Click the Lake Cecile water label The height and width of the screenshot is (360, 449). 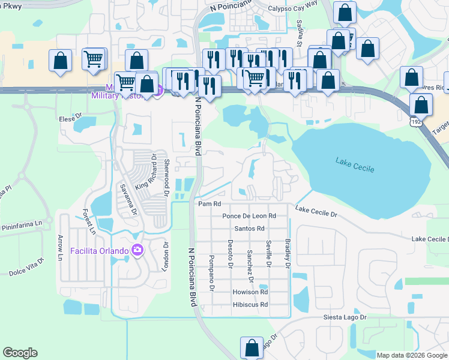pyautogui.click(x=355, y=166)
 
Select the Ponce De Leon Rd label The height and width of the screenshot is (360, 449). pyautogui.click(x=249, y=216)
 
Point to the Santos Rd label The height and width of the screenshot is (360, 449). pyautogui.click(x=250, y=229)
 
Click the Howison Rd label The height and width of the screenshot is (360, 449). pyautogui.click(x=250, y=292)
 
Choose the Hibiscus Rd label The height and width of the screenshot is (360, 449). pyautogui.click(x=250, y=305)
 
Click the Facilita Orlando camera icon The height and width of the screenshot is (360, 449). pyautogui.click(x=138, y=250)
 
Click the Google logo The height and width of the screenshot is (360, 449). pyautogui.click(x=20, y=353)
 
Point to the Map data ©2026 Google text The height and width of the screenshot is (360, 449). pyautogui.click(x=411, y=355)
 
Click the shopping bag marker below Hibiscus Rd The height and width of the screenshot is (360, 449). pyautogui.click(x=252, y=347)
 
